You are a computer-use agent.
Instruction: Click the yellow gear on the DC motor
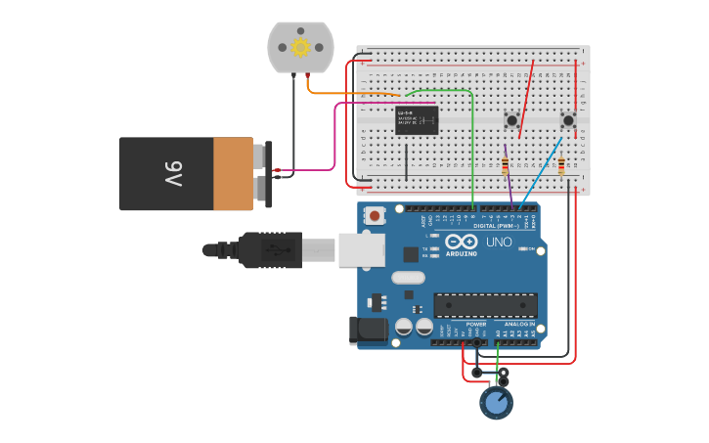pos(300,47)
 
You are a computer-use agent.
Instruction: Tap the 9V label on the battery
pos(173,174)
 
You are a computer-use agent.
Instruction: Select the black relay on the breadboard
pos(417,119)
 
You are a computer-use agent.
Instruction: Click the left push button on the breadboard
pos(511,120)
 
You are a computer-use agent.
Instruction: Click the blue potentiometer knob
pos(496,403)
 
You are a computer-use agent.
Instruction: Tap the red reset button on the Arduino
pos(374,215)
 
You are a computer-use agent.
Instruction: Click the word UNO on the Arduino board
pos(499,241)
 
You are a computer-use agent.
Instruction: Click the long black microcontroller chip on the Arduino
pos(485,305)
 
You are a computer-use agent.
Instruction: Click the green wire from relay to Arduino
pos(472,147)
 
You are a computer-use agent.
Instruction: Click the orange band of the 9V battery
pos(234,174)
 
